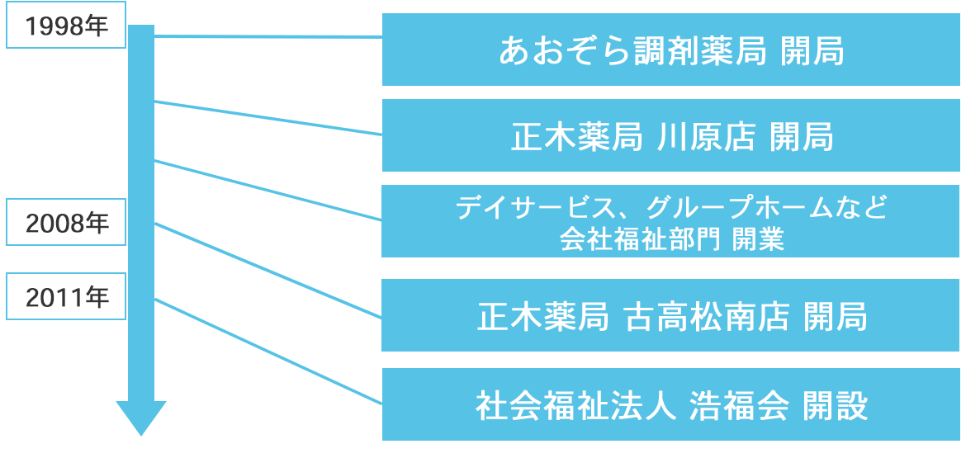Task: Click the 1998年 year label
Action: click(x=66, y=26)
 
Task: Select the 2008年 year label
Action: click(x=66, y=222)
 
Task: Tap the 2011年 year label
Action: click(x=66, y=296)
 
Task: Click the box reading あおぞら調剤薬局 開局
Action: click(x=670, y=50)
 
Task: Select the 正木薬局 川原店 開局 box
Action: click(x=670, y=136)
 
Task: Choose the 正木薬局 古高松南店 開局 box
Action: click(x=670, y=316)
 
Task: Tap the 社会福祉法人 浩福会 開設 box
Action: click(x=670, y=405)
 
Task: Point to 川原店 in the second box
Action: click(x=705, y=137)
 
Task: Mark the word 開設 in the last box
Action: click(x=835, y=406)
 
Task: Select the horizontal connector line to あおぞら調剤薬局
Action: click(x=268, y=36)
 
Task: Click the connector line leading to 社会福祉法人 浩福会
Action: click(x=268, y=352)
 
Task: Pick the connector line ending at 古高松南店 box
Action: click(x=268, y=270)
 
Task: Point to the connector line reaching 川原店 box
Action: click(x=268, y=117)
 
